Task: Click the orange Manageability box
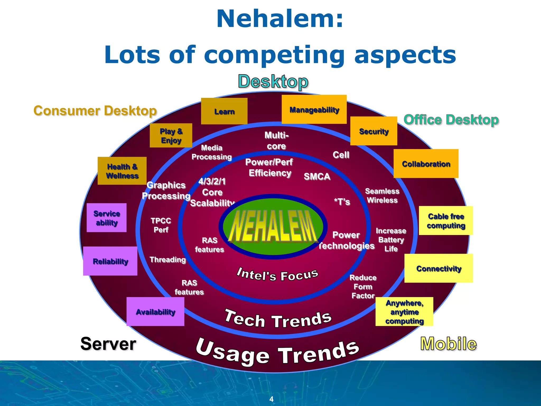click(314, 109)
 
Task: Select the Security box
click(374, 131)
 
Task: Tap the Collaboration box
click(426, 164)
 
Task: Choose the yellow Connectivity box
click(439, 268)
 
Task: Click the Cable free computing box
click(446, 221)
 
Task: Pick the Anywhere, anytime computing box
click(404, 312)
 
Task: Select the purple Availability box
click(155, 312)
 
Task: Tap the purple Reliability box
click(110, 261)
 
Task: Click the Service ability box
click(106, 218)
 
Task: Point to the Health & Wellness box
click(122, 171)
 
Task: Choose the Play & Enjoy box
click(171, 135)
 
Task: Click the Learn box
click(224, 111)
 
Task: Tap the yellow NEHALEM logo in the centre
click(273, 227)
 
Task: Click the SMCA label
click(317, 176)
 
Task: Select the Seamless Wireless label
click(382, 196)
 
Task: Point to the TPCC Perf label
click(161, 225)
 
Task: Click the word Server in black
click(108, 344)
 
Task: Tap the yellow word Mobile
click(448, 344)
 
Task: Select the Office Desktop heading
click(451, 120)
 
